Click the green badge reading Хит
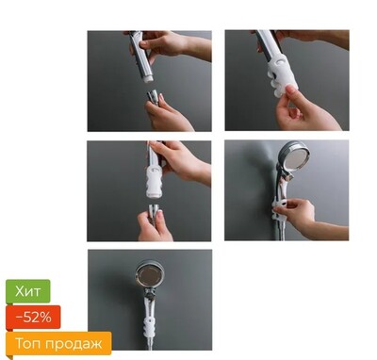tap(28, 291)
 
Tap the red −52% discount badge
tap(33, 318)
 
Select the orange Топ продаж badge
tap(58, 343)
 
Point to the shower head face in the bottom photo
tap(150, 275)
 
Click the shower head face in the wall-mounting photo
tap(296, 157)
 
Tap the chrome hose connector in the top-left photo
tap(153, 96)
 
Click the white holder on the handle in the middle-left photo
tap(154, 181)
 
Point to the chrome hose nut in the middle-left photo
tap(153, 211)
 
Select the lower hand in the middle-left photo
tap(154, 225)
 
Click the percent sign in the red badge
tap(45, 318)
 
